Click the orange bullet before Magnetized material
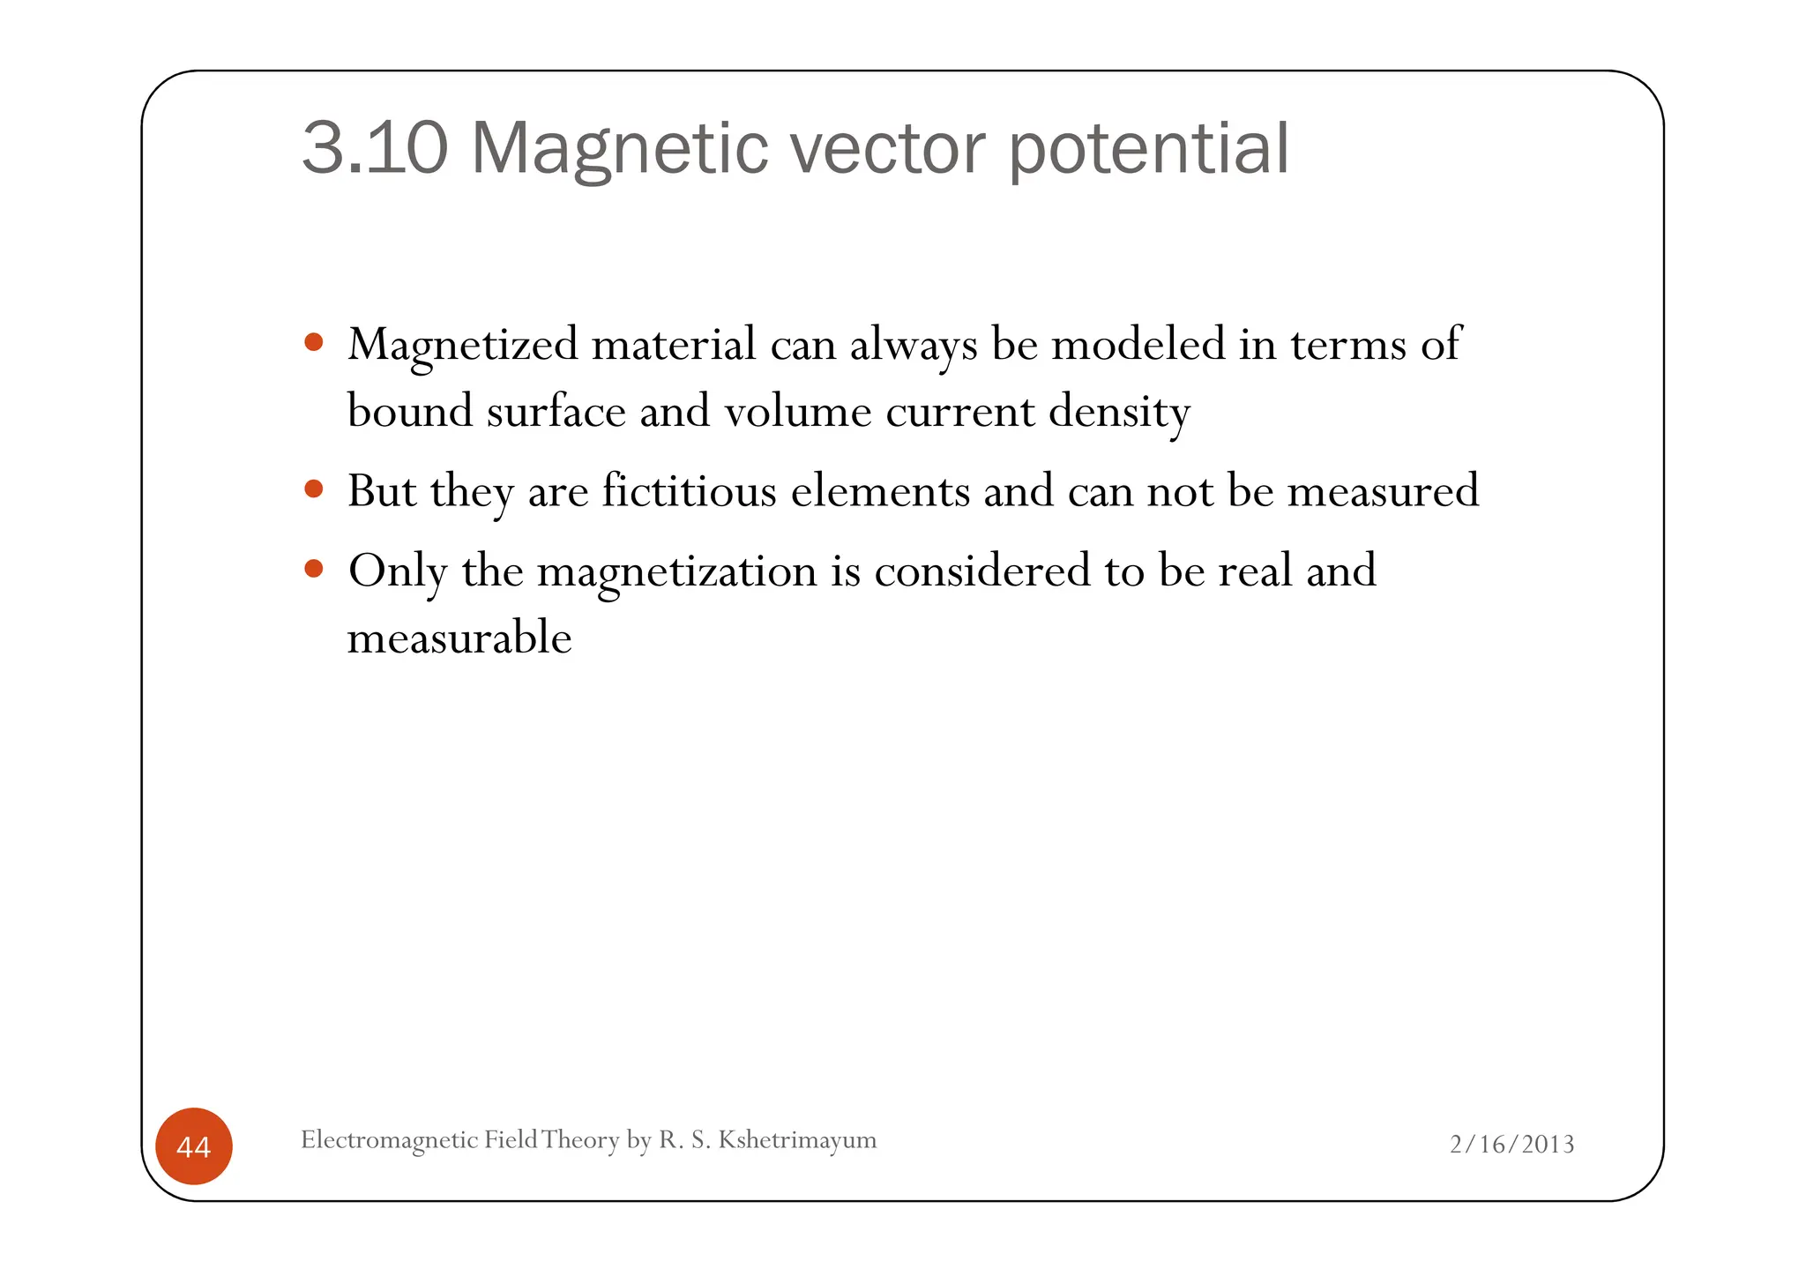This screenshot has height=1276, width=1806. click(313, 342)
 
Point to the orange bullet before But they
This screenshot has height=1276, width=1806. click(313, 489)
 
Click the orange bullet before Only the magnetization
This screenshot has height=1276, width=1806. click(313, 569)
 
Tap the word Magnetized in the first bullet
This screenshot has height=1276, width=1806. click(463, 345)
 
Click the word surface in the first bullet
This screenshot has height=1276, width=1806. click(556, 411)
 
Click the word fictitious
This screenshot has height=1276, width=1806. click(689, 490)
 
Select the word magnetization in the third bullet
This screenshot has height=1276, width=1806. click(676, 571)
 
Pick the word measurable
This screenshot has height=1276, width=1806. click(459, 638)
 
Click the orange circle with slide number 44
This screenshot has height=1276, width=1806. click(194, 1146)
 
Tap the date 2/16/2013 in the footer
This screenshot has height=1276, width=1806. click(1511, 1144)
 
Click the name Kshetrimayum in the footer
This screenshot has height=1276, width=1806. click(797, 1139)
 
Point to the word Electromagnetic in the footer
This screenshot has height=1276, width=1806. click(389, 1140)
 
